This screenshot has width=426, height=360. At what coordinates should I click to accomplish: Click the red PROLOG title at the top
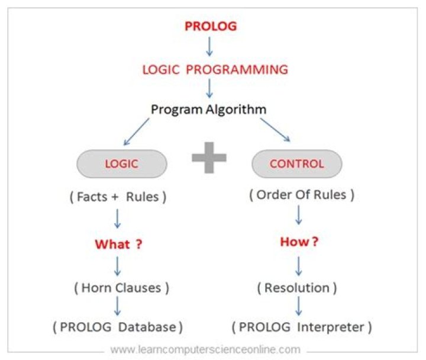211,27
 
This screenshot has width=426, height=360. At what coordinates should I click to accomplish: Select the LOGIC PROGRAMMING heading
215,69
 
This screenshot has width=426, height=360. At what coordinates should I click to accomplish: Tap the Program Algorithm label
208,110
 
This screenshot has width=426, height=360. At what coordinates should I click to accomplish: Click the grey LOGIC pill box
122,164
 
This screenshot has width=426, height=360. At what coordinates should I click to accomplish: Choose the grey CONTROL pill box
296,164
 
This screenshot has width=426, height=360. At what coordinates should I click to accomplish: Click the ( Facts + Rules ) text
118,197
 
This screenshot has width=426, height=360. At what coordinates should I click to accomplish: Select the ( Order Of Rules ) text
302,195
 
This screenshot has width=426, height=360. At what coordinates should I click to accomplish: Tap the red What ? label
119,244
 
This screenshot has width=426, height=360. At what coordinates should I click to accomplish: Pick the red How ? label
298,242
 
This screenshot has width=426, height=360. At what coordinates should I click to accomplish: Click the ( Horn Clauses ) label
121,288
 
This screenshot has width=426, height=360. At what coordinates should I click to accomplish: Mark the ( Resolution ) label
297,288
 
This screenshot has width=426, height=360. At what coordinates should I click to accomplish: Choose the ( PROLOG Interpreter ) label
302,326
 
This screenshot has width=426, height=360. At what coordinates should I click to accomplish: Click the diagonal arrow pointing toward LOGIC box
136,131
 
